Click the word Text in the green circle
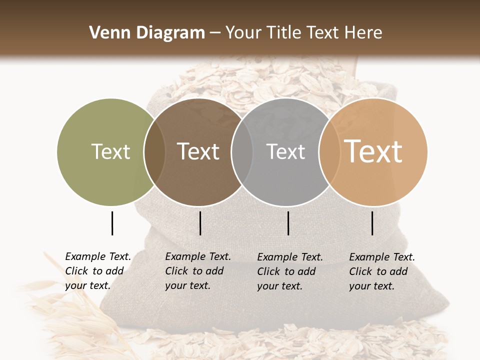pyautogui.click(x=110, y=151)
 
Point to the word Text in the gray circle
pyautogui.click(x=285, y=151)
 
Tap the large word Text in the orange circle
pyautogui.click(x=373, y=151)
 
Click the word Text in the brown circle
pyautogui.click(x=198, y=151)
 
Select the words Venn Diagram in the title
pyautogui.click(x=147, y=32)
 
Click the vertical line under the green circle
pyautogui.click(x=112, y=223)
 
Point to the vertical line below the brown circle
pyautogui.click(x=200, y=223)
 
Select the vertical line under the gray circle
pyautogui.click(x=288, y=223)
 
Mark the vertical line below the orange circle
pyautogui.click(x=372, y=223)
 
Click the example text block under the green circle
pyautogui.click(x=97, y=271)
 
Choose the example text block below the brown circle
pyautogui.click(x=197, y=271)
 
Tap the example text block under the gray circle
pyautogui.click(x=289, y=271)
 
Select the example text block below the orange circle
pyautogui.click(x=381, y=271)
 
